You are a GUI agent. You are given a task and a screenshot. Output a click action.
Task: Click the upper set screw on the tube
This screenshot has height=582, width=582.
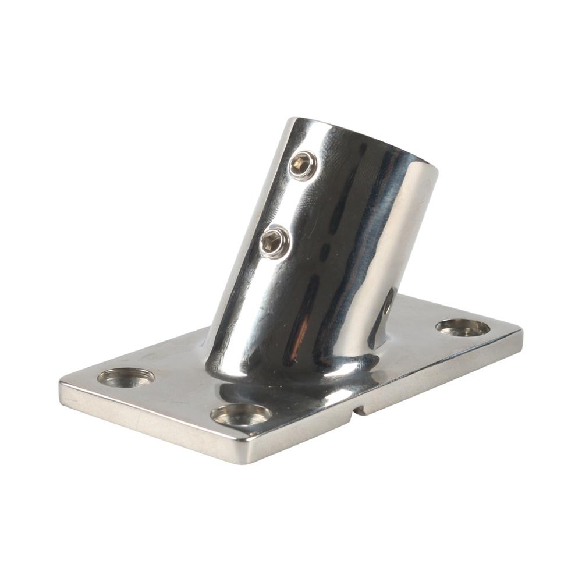pyautogui.click(x=303, y=165)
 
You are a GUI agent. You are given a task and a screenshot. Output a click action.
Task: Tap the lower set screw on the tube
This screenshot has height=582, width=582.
pyautogui.click(x=274, y=242)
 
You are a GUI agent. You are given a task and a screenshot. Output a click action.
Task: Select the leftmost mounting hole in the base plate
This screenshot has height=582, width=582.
pyautogui.click(x=126, y=377)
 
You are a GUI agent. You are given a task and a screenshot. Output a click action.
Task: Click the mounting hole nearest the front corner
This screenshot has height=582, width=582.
pyautogui.click(x=241, y=414)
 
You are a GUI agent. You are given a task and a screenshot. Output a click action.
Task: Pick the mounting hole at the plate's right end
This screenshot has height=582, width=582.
pyautogui.click(x=463, y=328)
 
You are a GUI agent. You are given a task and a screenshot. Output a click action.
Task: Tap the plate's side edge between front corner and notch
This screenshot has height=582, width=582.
pyautogui.click(x=303, y=434)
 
